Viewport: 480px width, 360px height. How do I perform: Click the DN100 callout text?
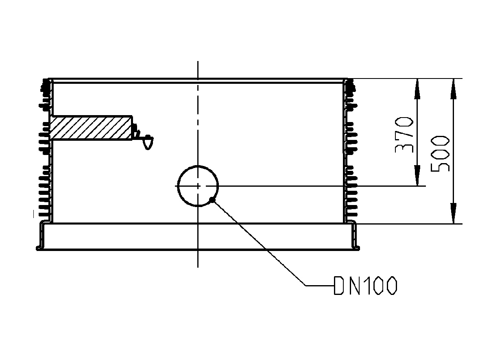tap(365, 286)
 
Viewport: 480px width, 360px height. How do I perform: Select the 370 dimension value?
tap(405, 135)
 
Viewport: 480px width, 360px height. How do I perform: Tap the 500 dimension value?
tap(441, 154)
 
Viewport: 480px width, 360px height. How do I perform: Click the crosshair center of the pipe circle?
tap(198, 186)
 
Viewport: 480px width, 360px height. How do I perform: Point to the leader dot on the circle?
tap(212, 199)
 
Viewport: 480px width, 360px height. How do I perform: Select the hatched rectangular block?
tap(91, 128)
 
